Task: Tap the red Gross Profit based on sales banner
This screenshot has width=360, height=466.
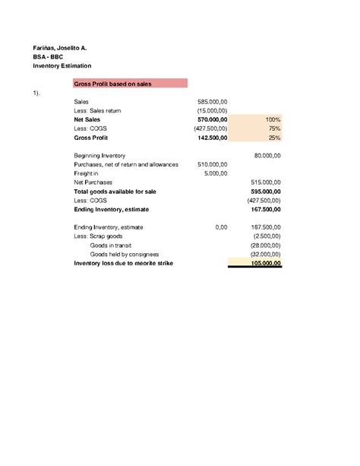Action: (x=130, y=83)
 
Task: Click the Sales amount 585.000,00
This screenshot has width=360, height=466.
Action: (x=213, y=101)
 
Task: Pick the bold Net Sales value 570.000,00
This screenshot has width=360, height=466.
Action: (x=213, y=119)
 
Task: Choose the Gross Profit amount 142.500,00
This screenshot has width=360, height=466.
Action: (x=213, y=138)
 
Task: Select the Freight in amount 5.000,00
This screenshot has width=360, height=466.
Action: (x=216, y=173)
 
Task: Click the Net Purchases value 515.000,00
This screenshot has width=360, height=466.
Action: (x=266, y=182)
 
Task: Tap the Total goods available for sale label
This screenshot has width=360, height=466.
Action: (x=115, y=192)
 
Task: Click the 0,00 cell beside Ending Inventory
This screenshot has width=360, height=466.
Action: (x=221, y=227)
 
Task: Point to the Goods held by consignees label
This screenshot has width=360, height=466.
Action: (x=125, y=254)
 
